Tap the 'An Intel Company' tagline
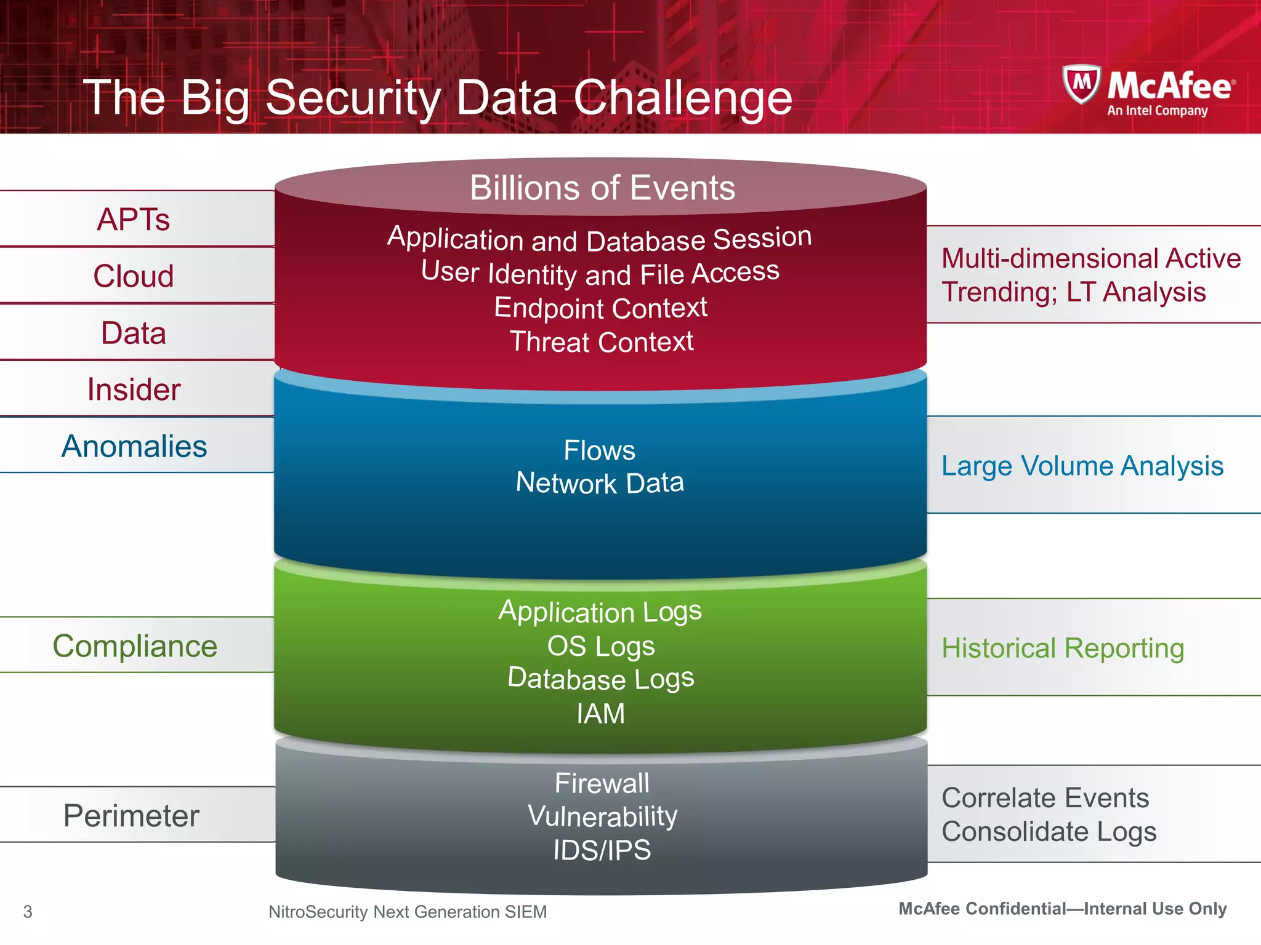(x=1157, y=111)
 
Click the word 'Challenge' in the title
(x=683, y=98)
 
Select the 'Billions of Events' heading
(x=602, y=188)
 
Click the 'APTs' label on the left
(x=134, y=220)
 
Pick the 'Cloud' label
(x=134, y=276)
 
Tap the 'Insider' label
(x=134, y=389)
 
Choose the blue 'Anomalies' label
(x=134, y=446)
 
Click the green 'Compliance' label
(x=135, y=646)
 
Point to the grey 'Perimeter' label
(x=131, y=816)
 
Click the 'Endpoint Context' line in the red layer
(x=600, y=308)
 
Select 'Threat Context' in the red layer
(x=602, y=342)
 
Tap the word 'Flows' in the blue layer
(x=599, y=450)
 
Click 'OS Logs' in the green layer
(x=601, y=646)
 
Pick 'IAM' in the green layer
(x=600, y=714)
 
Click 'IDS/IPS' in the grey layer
(x=602, y=850)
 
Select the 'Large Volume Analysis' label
(x=1082, y=466)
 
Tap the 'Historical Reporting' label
(x=1063, y=648)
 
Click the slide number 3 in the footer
(x=28, y=912)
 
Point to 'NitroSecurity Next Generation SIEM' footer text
(x=408, y=912)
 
